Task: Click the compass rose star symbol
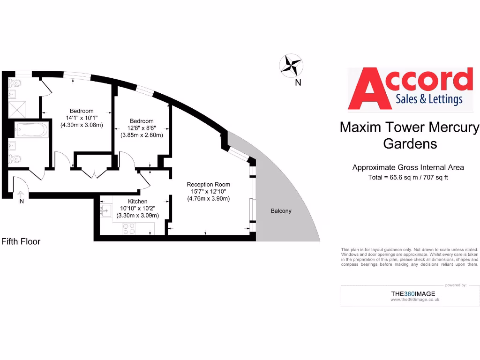point(291,66)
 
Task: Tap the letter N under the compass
point(298,82)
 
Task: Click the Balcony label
point(281,211)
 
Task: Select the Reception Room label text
point(209,185)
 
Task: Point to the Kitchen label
point(138,202)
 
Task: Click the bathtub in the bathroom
point(31,130)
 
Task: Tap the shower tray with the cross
point(17,110)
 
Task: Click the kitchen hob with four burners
point(128,229)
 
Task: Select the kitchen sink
point(105,210)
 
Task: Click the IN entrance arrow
point(21,195)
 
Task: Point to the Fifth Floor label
point(21,241)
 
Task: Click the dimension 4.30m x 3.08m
point(82,125)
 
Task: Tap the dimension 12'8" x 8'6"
point(142,128)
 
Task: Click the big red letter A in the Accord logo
point(369,89)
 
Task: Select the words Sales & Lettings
point(429,99)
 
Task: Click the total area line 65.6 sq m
point(408,177)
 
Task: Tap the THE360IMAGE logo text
point(413,293)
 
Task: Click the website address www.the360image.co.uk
point(415,300)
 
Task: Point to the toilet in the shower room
point(14,83)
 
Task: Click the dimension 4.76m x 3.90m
point(209,199)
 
